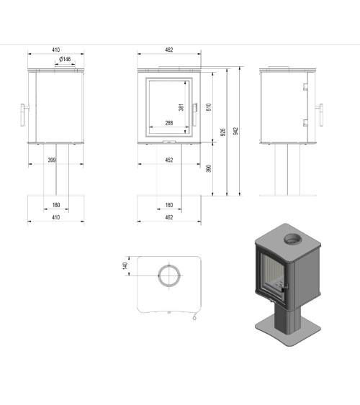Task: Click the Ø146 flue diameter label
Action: coord(64,59)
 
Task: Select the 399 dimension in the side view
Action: coord(52,160)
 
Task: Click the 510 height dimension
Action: coord(208,106)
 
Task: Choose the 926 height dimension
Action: coord(223,132)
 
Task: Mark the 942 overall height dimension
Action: coord(236,130)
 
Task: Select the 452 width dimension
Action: coord(168,160)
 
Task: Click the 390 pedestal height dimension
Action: coord(208,168)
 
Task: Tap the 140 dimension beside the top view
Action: coord(125,265)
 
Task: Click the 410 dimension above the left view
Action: coord(55,50)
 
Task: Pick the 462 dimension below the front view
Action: coord(168,217)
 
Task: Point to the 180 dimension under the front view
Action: coord(168,204)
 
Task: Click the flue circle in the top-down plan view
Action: coord(169,275)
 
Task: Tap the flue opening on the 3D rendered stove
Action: coord(294,238)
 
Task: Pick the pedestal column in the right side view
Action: coord(287,169)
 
